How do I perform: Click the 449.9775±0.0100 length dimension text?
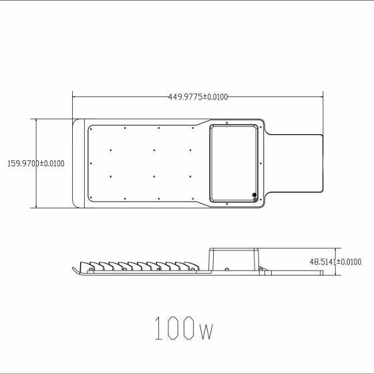point(198,97)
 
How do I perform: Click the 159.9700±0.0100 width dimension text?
point(36,164)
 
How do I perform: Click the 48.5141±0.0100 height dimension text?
point(335,262)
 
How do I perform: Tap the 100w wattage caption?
point(184,328)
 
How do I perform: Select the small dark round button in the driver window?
point(254,194)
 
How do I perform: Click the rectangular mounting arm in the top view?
point(295,164)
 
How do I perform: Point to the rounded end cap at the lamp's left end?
point(79,164)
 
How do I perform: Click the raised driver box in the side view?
point(234,259)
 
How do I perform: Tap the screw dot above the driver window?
point(227,123)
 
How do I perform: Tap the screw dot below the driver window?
point(227,204)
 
